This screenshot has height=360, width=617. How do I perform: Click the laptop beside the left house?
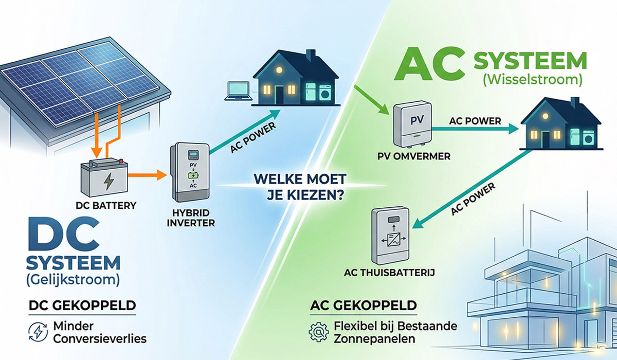[x=238, y=92]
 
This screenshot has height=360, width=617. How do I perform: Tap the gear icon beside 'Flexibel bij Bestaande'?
[x=319, y=332]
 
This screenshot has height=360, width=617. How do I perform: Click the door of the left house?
[x=279, y=95]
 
